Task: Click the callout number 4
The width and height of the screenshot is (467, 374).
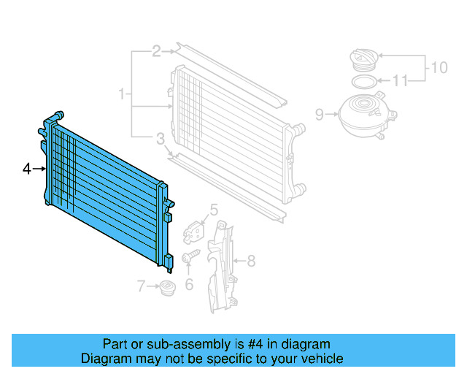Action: pos(26,169)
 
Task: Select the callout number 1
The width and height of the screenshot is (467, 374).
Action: pos(123,94)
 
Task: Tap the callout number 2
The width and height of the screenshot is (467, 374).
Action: pos(156,51)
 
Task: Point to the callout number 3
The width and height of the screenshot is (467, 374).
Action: pos(159,138)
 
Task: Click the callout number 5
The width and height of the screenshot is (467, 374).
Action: pos(213,211)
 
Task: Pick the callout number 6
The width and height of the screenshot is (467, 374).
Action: pos(189,284)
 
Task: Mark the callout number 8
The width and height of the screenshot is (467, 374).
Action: pos(250,260)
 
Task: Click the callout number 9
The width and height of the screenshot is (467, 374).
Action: pos(319,114)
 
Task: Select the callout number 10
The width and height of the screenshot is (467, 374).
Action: pos(439,68)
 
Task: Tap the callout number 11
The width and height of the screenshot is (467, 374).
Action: pos(401,80)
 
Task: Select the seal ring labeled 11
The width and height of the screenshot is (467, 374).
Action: pos(363,80)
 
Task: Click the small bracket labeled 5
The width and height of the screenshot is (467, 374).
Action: pos(195,230)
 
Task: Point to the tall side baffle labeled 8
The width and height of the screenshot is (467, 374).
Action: pos(222,267)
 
